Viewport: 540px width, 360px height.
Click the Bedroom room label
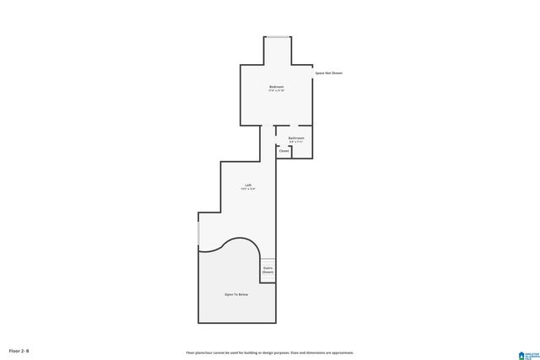(x=277, y=87)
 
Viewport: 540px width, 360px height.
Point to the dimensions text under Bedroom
(x=277, y=91)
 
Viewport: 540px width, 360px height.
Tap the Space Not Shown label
(x=329, y=73)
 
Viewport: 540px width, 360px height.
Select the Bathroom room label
(x=296, y=137)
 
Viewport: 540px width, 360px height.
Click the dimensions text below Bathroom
(x=296, y=142)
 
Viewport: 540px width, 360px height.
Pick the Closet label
(x=283, y=151)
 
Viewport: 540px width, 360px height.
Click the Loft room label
(x=248, y=185)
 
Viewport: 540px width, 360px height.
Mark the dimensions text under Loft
(x=248, y=189)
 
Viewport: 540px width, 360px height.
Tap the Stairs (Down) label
(x=267, y=271)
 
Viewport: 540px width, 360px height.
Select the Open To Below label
(x=236, y=294)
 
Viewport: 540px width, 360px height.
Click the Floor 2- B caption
(x=19, y=350)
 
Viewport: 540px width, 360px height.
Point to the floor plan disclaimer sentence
(x=270, y=352)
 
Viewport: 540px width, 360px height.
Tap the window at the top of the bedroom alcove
(x=278, y=36)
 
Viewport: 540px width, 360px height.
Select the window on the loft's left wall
(x=198, y=230)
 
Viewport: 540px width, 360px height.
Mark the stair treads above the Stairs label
(x=267, y=261)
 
